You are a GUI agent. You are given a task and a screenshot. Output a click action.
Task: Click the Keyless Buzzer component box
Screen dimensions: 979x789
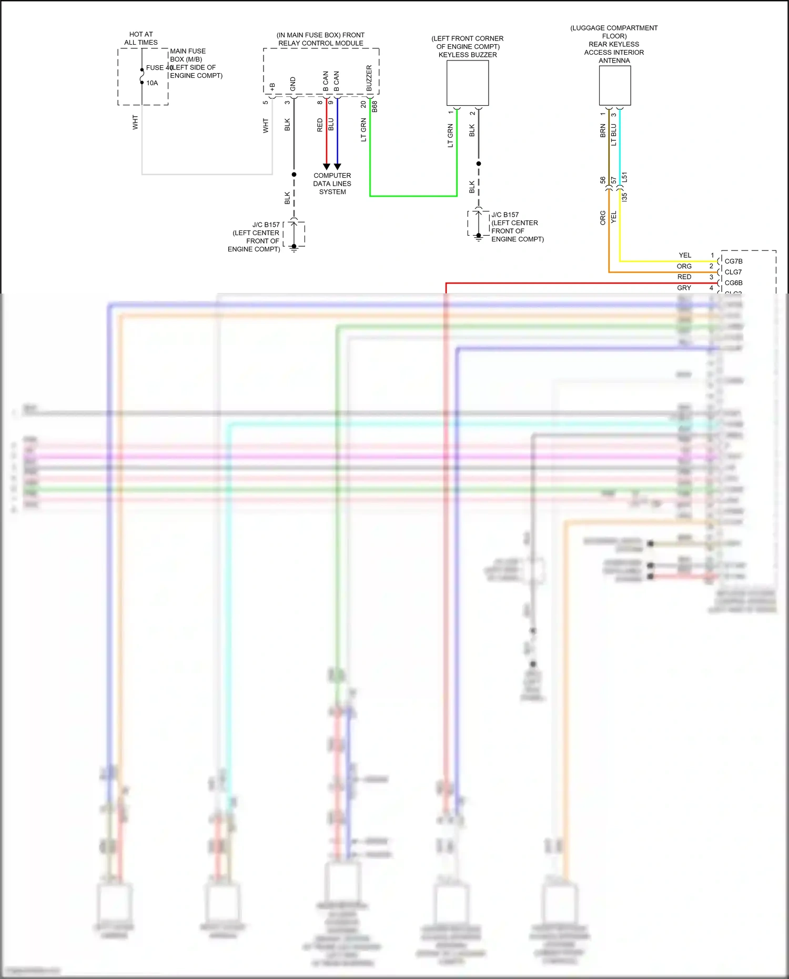pos(467,83)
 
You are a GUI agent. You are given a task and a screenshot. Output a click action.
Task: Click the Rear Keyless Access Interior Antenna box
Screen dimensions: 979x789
pos(614,85)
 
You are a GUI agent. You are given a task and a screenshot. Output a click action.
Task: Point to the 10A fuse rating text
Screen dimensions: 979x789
pos(152,83)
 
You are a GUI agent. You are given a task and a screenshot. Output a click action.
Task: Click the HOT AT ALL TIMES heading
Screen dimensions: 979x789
pos(141,38)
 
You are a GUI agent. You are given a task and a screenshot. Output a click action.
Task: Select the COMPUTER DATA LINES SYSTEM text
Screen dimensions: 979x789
pos(332,184)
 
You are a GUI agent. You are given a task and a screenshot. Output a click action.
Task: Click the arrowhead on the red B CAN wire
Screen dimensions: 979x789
pos(326,166)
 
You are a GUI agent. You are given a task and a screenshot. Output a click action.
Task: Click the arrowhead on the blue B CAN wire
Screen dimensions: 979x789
pos(337,166)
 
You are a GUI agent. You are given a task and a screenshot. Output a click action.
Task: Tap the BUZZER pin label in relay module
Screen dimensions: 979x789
pos(369,78)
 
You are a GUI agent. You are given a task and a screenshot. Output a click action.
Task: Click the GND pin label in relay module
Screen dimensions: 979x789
pos(293,84)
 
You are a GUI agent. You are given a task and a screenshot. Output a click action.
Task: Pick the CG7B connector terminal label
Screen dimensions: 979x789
pos(733,261)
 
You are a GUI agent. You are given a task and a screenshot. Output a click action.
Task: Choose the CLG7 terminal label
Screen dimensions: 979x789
pos(733,272)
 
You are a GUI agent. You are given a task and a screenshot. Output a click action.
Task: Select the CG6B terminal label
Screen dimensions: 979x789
pos(733,283)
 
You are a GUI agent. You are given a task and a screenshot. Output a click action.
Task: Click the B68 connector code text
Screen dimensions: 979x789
pos(375,107)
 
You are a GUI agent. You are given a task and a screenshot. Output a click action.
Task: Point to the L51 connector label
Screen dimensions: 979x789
pos(624,177)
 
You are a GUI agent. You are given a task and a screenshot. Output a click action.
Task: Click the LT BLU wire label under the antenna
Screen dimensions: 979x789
pos(614,135)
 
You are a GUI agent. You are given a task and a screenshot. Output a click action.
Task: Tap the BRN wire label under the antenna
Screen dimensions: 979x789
pos(603,131)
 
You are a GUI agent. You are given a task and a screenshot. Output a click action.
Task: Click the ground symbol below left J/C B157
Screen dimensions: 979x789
pos(294,249)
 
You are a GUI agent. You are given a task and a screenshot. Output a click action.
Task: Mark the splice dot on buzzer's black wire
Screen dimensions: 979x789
pos(478,164)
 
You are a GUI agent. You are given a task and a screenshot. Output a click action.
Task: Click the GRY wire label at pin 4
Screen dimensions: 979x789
pos(684,288)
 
